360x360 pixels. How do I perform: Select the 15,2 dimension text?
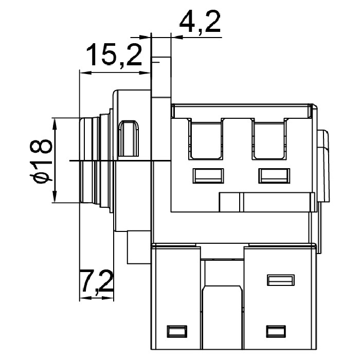pyautogui.click(x=114, y=55)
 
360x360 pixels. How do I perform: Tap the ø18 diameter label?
pyautogui.click(x=41, y=161)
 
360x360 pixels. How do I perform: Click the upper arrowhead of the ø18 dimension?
pyautogui.click(x=55, y=125)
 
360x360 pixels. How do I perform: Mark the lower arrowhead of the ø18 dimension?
pyautogui.click(x=55, y=195)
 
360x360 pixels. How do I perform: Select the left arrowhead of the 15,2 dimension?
pyautogui.click(x=86, y=73)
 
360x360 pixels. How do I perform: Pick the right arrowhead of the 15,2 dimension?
pyautogui.click(x=145, y=73)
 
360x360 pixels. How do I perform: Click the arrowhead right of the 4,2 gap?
pyautogui.click(x=177, y=37)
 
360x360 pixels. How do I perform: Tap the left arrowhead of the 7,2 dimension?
pyautogui.click(x=85, y=298)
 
